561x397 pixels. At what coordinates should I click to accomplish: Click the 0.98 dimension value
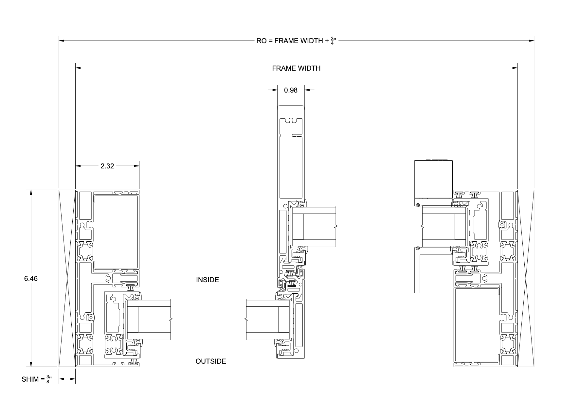point(291,90)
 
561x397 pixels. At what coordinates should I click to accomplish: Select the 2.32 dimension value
point(107,166)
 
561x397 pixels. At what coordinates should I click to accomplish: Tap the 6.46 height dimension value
point(31,279)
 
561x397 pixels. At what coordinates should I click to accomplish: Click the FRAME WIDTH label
point(296,68)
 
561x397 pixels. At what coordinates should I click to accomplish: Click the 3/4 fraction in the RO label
point(332,41)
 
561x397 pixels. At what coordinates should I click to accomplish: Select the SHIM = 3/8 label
point(36,379)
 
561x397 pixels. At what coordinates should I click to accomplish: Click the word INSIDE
point(207,280)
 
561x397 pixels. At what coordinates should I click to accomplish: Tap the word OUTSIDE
point(210,361)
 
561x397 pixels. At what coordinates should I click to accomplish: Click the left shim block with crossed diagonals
point(67,279)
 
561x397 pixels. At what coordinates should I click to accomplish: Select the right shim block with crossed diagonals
point(526,279)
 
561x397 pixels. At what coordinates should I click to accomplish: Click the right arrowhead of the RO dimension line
point(532,41)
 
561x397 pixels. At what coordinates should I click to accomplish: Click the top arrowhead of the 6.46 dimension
point(31,192)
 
